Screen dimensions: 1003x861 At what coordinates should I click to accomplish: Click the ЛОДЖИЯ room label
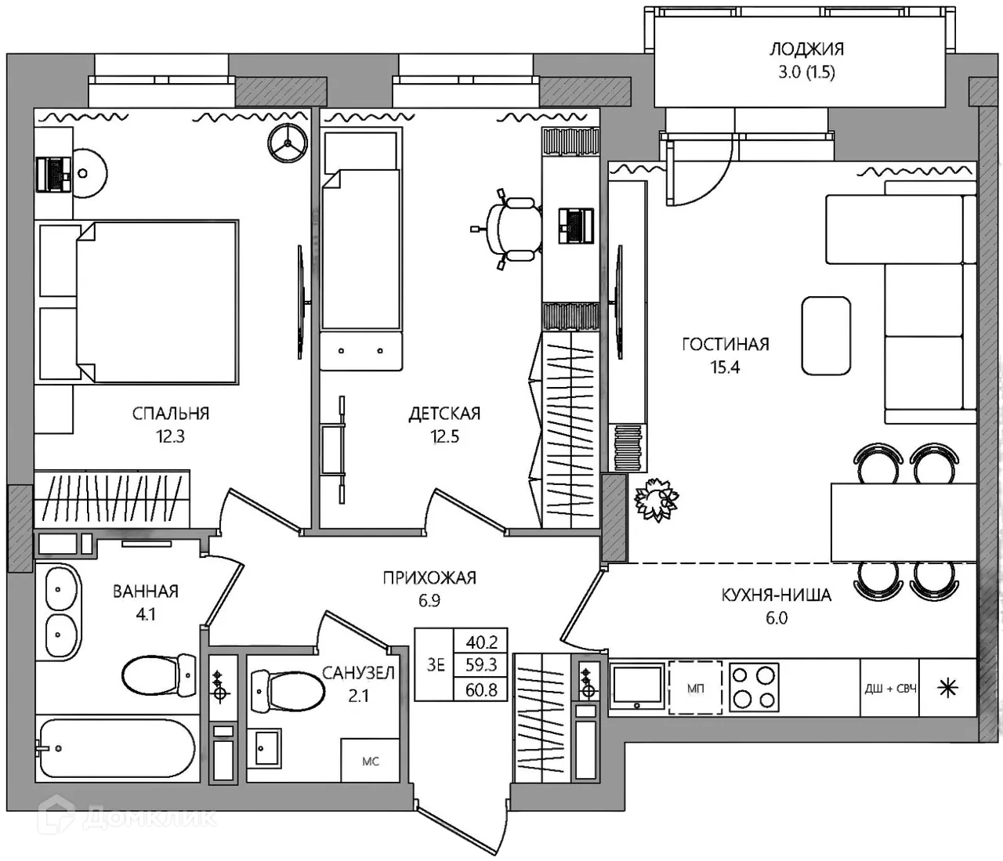pyautogui.click(x=806, y=49)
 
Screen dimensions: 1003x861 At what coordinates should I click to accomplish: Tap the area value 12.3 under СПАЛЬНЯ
pyautogui.click(x=170, y=436)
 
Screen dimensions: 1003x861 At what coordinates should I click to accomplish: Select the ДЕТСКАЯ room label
pyautogui.click(x=444, y=414)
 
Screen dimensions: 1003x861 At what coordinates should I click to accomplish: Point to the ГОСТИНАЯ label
pyautogui.click(x=726, y=344)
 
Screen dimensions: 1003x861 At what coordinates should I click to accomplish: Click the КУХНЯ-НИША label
pyautogui.click(x=777, y=595)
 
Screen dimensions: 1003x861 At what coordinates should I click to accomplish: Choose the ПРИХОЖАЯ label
pyautogui.click(x=429, y=577)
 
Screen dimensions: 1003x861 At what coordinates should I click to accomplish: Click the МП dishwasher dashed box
pyautogui.click(x=695, y=688)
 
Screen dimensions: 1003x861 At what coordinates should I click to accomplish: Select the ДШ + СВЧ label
pyautogui.click(x=890, y=689)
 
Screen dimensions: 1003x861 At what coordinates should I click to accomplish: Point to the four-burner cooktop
pyautogui.click(x=754, y=688)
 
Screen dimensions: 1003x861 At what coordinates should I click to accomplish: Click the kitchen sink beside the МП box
pyautogui.click(x=638, y=686)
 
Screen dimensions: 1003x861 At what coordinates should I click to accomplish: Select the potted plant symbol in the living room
pyautogui.click(x=657, y=499)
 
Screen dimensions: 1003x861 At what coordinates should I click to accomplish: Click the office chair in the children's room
pyautogui.click(x=509, y=229)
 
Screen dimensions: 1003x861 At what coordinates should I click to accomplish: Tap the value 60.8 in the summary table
pyautogui.click(x=481, y=689)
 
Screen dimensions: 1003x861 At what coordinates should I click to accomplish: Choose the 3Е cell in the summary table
pyautogui.click(x=436, y=664)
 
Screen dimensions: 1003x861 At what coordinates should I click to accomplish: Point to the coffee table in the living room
pyautogui.click(x=826, y=336)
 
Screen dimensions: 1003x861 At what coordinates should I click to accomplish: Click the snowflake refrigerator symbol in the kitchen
pyautogui.click(x=948, y=689)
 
